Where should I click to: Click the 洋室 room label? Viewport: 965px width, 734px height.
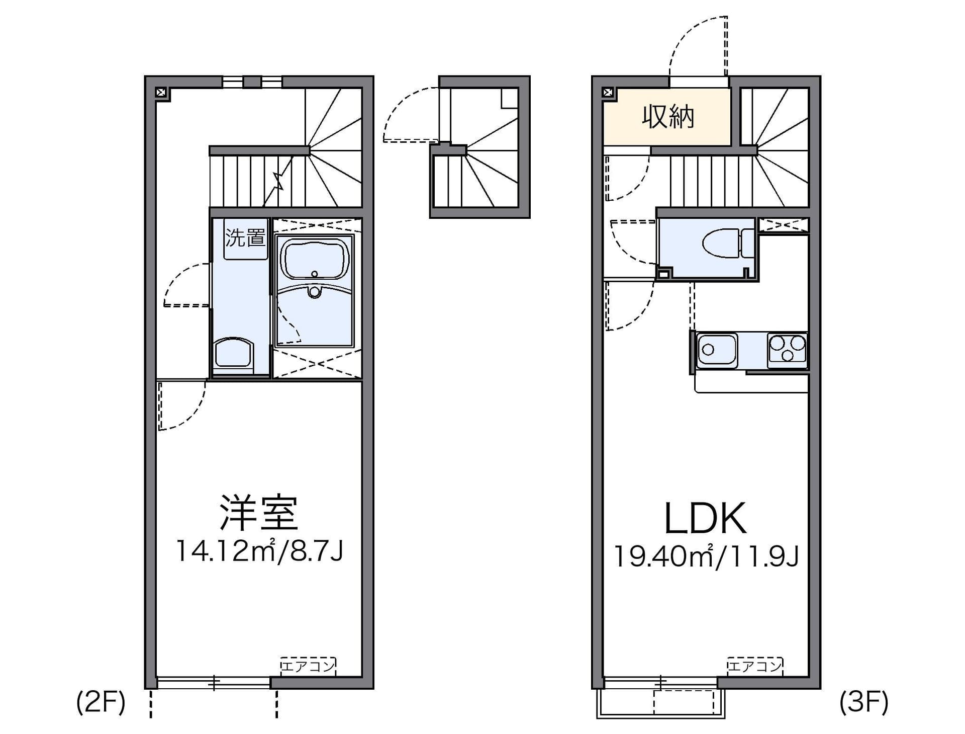tap(259, 513)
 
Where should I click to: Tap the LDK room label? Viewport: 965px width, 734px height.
tap(705, 519)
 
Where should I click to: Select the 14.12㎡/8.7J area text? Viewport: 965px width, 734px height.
tap(259, 551)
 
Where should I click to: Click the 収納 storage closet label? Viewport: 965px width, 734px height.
tap(668, 117)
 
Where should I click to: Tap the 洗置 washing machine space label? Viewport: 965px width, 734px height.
tap(245, 237)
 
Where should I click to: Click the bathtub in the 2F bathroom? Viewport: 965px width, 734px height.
tap(315, 259)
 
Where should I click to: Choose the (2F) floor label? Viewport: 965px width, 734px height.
tap(101, 702)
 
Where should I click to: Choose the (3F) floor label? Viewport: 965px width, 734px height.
tap(864, 702)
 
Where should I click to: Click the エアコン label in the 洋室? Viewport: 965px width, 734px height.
tap(308, 667)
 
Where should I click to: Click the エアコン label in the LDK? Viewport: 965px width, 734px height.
tap(754, 667)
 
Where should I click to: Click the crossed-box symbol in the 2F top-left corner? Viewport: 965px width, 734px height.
tap(161, 93)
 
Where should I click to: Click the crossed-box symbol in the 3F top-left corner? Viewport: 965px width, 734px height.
tap(608, 93)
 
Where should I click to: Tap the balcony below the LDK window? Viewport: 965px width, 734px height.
tap(661, 703)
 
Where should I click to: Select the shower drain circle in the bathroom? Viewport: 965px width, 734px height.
tap(315, 292)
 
